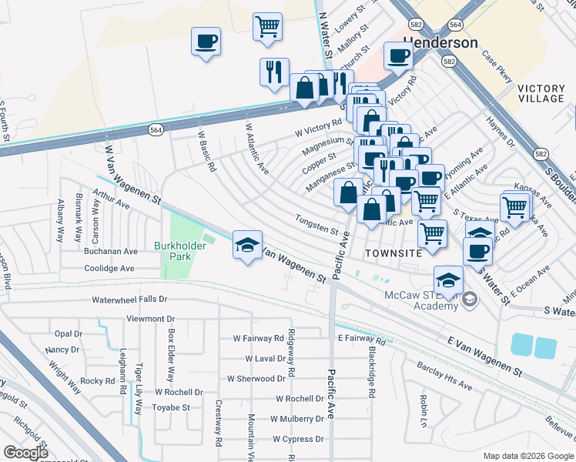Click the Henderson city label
[440, 42]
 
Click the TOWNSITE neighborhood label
[393, 253]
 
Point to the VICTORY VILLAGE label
[541, 94]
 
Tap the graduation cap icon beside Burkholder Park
[247, 246]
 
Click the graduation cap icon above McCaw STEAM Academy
[448, 280]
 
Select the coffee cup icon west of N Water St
[206, 42]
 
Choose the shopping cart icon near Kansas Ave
[514, 206]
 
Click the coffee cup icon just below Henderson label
[398, 55]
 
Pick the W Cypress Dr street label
[297, 439]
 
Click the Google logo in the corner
[25, 453]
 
